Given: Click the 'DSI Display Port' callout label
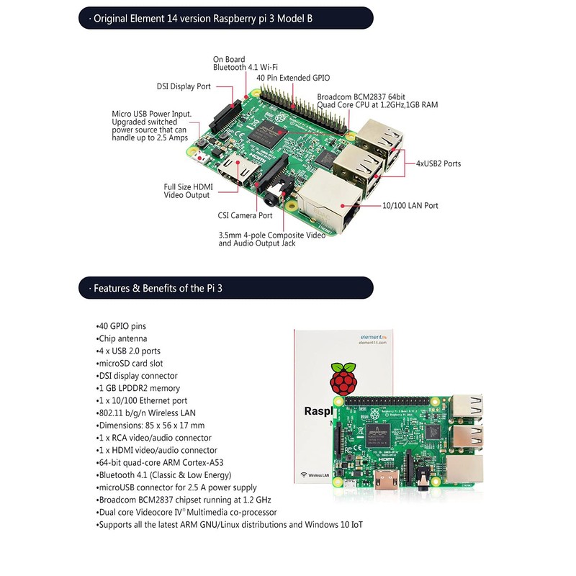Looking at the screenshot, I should click(184, 86).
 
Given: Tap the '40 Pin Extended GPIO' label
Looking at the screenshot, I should click(293, 78).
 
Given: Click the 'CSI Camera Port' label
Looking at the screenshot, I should click(245, 215).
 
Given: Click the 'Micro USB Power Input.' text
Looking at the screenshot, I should click(150, 114).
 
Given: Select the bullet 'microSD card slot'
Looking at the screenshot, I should click(130, 364).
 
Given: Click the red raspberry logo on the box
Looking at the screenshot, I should click(342, 377).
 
